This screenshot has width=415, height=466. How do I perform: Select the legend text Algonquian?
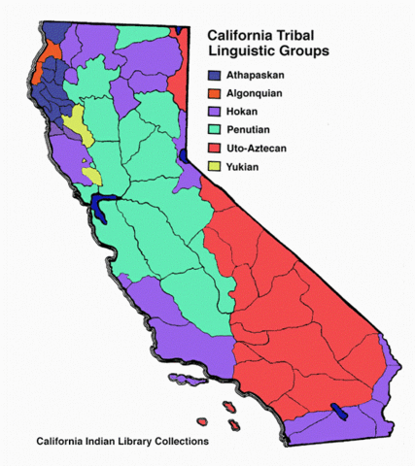[x=260, y=92]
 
